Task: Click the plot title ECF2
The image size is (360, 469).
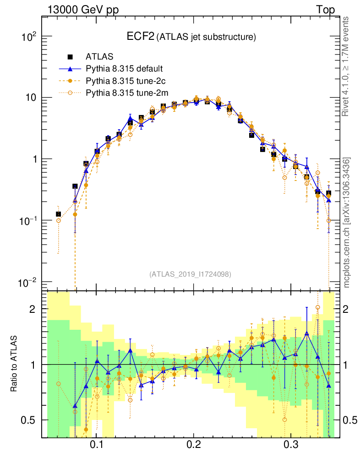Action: [141, 37]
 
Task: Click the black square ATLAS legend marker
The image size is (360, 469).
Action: [70, 57]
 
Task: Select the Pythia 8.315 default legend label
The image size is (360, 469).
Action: [124, 69]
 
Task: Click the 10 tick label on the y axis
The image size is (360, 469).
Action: [30, 98]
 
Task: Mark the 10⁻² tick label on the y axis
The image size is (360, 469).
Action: [27, 282]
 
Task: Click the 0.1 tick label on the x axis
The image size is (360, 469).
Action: [96, 444]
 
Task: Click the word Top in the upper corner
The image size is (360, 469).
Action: [325, 10]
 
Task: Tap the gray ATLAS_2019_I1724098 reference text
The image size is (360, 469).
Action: [190, 274]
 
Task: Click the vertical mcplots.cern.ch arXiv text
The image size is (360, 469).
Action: [347, 223]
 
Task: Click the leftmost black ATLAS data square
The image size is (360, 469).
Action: [58, 214]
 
